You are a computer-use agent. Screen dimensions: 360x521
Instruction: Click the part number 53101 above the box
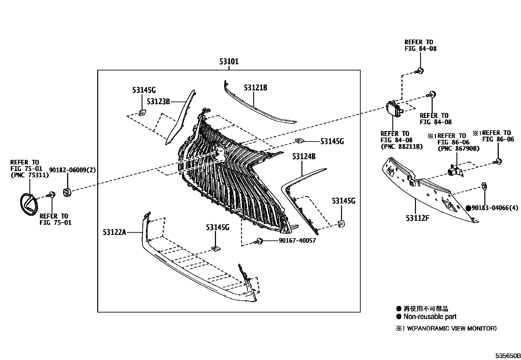229,62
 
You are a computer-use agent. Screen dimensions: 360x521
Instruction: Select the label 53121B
255,88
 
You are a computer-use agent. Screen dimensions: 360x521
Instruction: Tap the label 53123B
158,102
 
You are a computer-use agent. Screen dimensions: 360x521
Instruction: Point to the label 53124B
304,157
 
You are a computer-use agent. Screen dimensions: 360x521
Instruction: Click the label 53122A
114,232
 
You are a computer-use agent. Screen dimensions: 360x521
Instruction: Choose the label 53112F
417,218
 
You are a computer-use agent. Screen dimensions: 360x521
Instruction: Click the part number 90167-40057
297,241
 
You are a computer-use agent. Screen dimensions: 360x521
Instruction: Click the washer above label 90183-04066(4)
484,186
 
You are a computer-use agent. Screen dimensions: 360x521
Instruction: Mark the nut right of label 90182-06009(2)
67,192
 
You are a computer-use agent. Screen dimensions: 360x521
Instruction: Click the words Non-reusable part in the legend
430,317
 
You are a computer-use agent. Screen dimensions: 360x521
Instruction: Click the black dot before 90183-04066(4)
468,208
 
